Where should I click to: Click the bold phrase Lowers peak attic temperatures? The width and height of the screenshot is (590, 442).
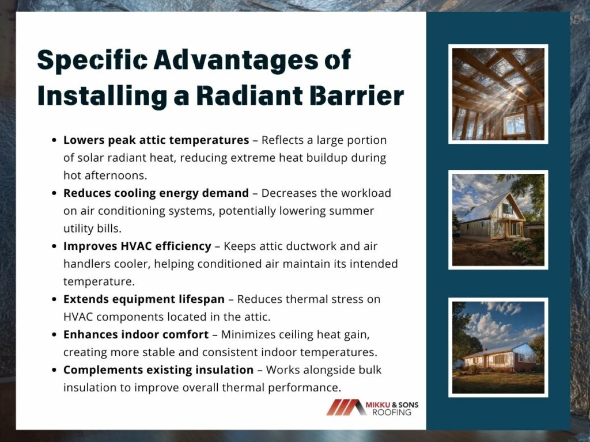(x=156, y=140)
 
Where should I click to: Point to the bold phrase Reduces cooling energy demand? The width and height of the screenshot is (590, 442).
(x=156, y=193)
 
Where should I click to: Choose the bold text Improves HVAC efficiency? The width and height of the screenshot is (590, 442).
(x=137, y=246)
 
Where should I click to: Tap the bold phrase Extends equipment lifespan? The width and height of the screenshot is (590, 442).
(x=144, y=299)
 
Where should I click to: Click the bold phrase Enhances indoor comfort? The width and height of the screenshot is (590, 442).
(x=136, y=334)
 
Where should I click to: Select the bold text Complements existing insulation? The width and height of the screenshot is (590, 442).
(x=158, y=370)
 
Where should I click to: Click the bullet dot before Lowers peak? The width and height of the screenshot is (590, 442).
(x=54, y=140)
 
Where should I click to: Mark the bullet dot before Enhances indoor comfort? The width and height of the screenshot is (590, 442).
(x=54, y=335)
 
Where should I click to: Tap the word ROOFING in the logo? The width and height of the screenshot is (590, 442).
(x=392, y=412)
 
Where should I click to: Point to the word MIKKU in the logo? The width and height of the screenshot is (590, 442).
(x=378, y=405)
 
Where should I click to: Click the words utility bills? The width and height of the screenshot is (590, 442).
(x=92, y=228)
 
